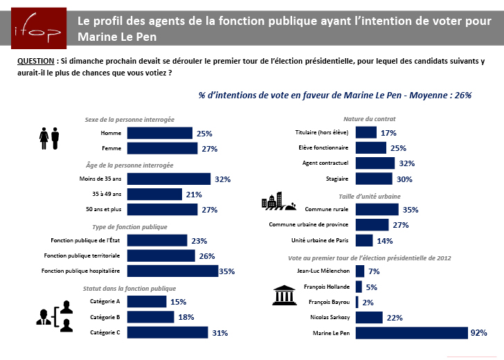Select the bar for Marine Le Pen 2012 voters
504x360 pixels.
411,333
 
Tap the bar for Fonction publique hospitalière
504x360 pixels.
172,271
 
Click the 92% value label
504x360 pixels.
478,333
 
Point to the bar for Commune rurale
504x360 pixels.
377,209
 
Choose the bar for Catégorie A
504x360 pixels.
147,301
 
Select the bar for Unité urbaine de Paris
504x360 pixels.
364,240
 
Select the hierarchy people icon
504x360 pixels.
54,316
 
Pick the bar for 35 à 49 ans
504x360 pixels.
154,195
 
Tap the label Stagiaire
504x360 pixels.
337,179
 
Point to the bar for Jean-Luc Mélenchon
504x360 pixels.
359,271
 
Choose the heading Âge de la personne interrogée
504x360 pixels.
129,165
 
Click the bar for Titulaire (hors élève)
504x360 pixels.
366,132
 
